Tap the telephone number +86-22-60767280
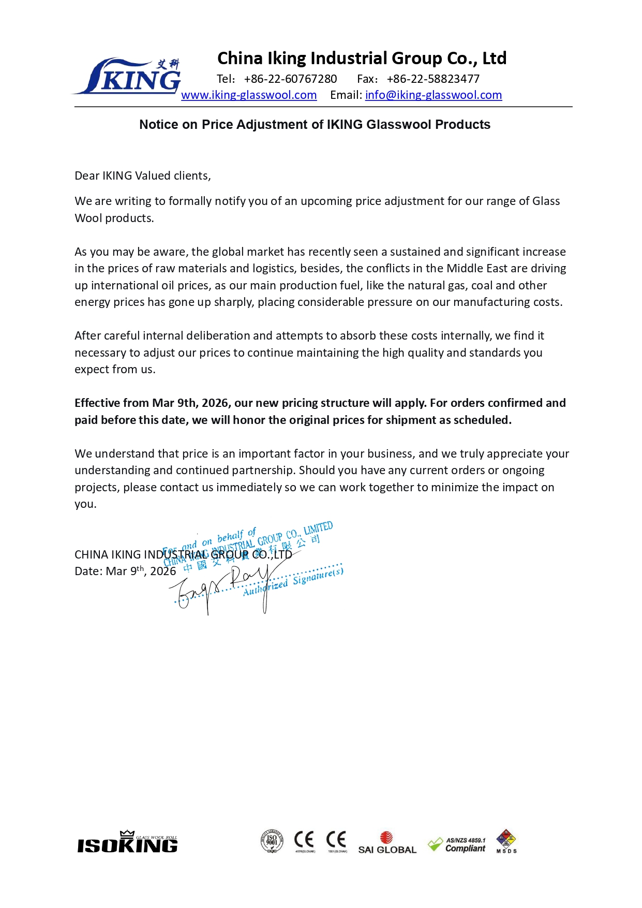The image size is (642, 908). tap(290, 79)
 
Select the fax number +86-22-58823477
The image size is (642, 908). tap(433, 79)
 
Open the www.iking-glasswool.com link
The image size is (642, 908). tap(249, 95)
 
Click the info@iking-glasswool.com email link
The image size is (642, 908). tap(434, 95)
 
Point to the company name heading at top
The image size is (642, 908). tap(362, 58)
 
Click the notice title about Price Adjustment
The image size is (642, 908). tap(315, 125)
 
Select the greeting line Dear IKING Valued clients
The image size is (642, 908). tap(143, 176)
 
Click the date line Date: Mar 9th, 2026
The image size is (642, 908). tap(125, 572)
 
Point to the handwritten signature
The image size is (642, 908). tap(222, 588)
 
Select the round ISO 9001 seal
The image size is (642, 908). tap(272, 841)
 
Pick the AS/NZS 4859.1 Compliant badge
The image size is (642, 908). tap(457, 844)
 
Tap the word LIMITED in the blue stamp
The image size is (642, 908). tap(318, 529)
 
